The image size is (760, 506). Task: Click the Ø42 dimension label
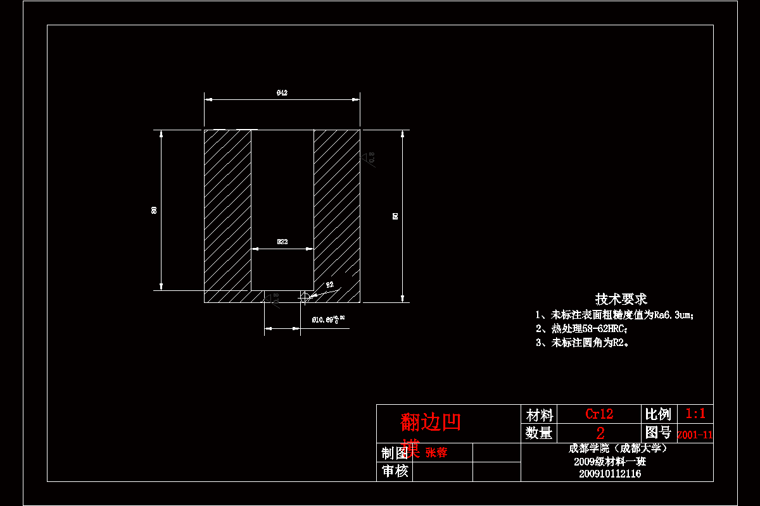(282, 93)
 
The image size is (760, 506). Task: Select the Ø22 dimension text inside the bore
(282, 242)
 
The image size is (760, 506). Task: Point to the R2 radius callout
(329, 285)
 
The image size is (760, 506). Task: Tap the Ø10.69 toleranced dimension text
(328, 320)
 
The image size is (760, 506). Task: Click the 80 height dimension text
(154, 210)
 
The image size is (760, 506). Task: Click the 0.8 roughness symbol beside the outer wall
(370, 157)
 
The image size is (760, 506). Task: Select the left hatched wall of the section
(227, 209)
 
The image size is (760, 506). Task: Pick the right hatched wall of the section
(337, 209)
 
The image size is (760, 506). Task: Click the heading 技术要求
(621, 299)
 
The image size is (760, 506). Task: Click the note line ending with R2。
(583, 343)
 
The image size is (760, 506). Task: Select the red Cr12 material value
(599, 414)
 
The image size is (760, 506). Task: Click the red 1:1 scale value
(695, 414)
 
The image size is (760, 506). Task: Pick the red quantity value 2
(600, 433)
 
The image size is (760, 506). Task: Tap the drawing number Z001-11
(695, 435)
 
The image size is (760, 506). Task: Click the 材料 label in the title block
(540, 416)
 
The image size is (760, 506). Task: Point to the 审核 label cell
(394, 471)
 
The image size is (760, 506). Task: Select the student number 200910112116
(609, 474)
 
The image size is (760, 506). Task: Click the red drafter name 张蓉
(436, 453)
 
